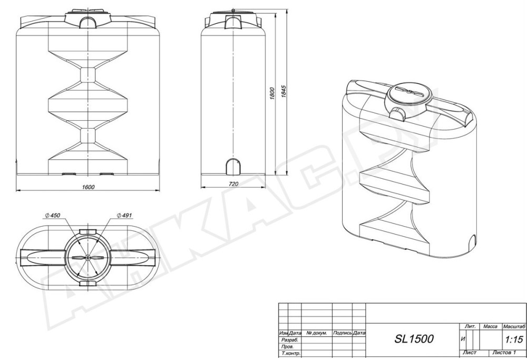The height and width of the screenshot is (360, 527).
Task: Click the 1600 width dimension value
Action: [x=87, y=188]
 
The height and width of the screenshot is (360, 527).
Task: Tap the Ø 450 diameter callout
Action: [x=53, y=215]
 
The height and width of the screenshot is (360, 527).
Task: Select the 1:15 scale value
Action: [x=514, y=340]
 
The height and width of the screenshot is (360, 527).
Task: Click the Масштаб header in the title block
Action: [x=514, y=327]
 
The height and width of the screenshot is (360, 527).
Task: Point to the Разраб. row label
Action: [x=291, y=340]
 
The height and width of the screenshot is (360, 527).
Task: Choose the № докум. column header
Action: [x=317, y=333]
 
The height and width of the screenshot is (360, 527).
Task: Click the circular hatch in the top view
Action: [x=87, y=258]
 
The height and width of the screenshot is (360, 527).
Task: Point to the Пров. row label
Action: [x=289, y=348]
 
